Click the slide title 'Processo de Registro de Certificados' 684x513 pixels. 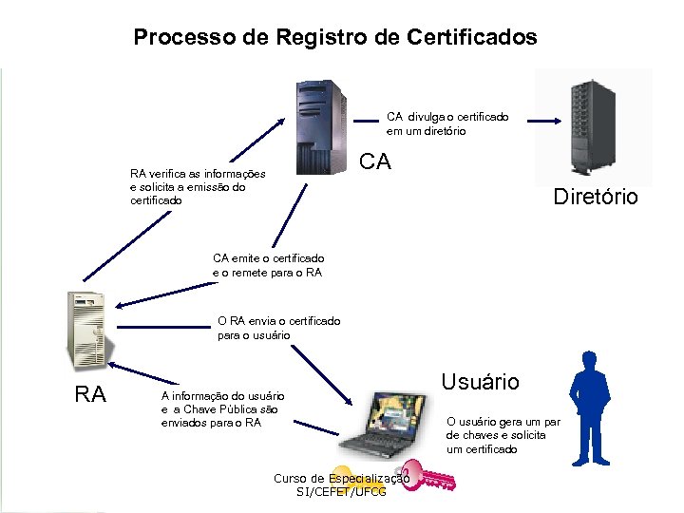pos(334,38)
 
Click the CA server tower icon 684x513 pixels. pos(320,127)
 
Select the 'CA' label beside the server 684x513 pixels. pos(375,161)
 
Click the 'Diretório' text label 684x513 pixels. pos(596,197)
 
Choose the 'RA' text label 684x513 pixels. pos(90,393)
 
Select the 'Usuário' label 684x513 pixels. pos(480,382)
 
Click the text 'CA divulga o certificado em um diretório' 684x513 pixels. pos(446,123)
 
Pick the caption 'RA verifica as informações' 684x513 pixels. pos(198,174)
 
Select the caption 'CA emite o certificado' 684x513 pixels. pos(268,258)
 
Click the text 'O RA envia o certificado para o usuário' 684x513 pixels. pos(278,328)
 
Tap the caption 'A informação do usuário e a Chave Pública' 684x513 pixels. pos(222,408)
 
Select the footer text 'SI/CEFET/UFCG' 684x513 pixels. pos(341,492)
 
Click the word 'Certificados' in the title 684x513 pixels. pos(471,38)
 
